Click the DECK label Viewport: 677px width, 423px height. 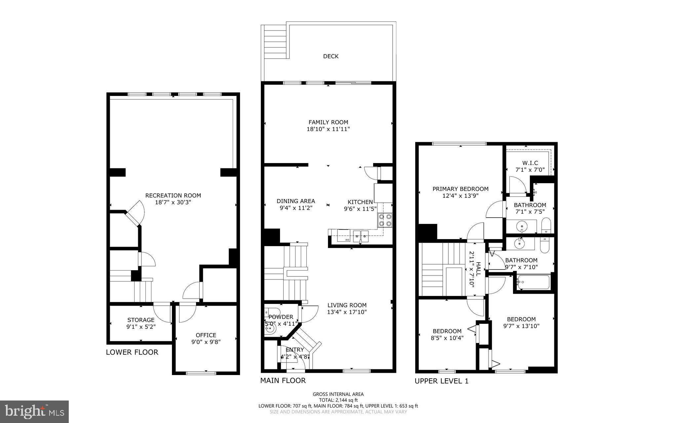coord(331,56)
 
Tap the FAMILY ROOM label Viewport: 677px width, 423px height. coord(328,122)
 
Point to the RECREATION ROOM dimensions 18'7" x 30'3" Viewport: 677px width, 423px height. coord(173,202)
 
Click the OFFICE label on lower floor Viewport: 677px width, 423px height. coord(206,335)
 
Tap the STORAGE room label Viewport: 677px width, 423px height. coord(141,320)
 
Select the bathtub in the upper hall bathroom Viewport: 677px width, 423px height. coord(533,282)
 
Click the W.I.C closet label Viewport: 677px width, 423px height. coord(530,163)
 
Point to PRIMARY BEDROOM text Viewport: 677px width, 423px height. coord(460,189)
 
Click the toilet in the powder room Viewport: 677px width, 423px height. coord(273,312)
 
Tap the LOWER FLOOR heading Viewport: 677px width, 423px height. coord(132,352)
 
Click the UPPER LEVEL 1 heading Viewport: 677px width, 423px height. coord(441,381)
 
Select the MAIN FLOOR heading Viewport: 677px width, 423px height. coord(283,380)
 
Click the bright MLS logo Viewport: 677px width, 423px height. coord(34,411)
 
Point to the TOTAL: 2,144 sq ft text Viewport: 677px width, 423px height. coord(338,400)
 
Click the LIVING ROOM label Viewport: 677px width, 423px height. coord(347,305)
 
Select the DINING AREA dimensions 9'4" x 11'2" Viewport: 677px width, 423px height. coord(296,208)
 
